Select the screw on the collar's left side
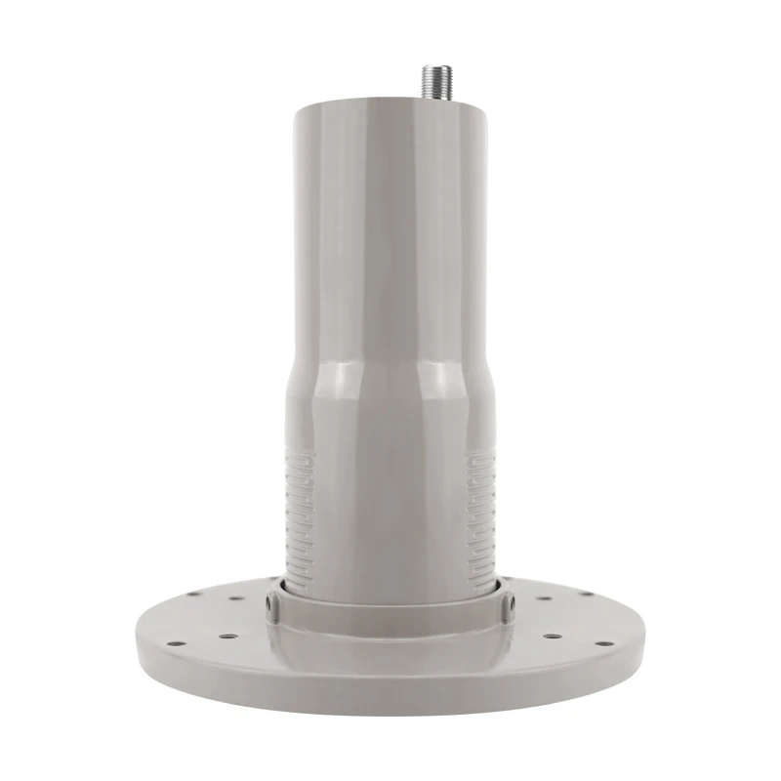(274, 607)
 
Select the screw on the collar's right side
(507, 607)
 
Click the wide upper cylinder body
(390, 225)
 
